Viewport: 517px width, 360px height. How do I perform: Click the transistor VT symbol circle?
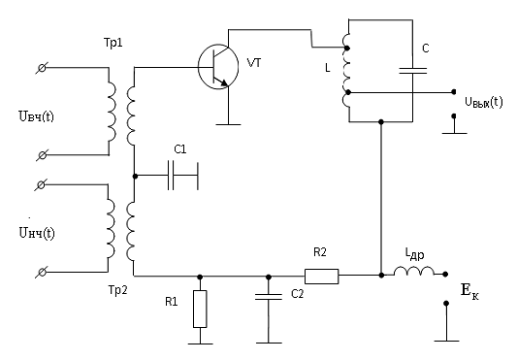tap(199, 67)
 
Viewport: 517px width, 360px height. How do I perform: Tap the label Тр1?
tap(113, 43)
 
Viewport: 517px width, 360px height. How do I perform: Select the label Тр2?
tap(117, 290)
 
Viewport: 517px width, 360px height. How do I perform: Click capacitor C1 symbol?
tap(171, 176)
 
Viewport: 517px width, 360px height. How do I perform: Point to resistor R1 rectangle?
tap(200, 309)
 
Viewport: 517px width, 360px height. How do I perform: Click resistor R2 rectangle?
tap(321, 277)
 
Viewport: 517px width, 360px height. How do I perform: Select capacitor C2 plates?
tap(269, 297)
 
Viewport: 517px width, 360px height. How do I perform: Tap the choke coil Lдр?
tap(414, 271)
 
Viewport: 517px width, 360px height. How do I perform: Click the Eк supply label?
tap(469, 291)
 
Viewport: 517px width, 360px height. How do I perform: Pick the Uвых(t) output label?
tap(484, 102)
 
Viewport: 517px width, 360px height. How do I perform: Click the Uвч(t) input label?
tap(36, 116)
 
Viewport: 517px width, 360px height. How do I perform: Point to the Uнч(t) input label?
tap(37, 233)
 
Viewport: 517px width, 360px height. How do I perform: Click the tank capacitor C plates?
tap(413, 70)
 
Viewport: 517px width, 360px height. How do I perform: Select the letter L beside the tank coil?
tap(328, 68)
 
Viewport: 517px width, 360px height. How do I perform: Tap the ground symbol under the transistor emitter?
tap(228, 124)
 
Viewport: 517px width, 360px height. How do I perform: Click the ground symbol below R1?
tap(200, 344)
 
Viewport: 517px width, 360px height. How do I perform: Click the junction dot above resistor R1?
tap(200, 277)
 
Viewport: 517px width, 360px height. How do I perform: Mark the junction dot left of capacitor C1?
tap(135, 177)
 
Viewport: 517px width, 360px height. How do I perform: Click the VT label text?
tap(254, 62)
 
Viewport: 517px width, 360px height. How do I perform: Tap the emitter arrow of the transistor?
tap(221, 82)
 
